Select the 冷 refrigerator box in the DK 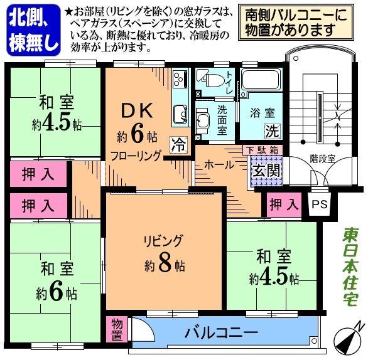coord(179,144)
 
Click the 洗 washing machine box coord(271,132)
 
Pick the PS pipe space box coord(319,204)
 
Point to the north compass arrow coord(349,339)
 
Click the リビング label coord(162,240)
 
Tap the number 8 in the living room coord(165,263)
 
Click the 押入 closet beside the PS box coord(283,204)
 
